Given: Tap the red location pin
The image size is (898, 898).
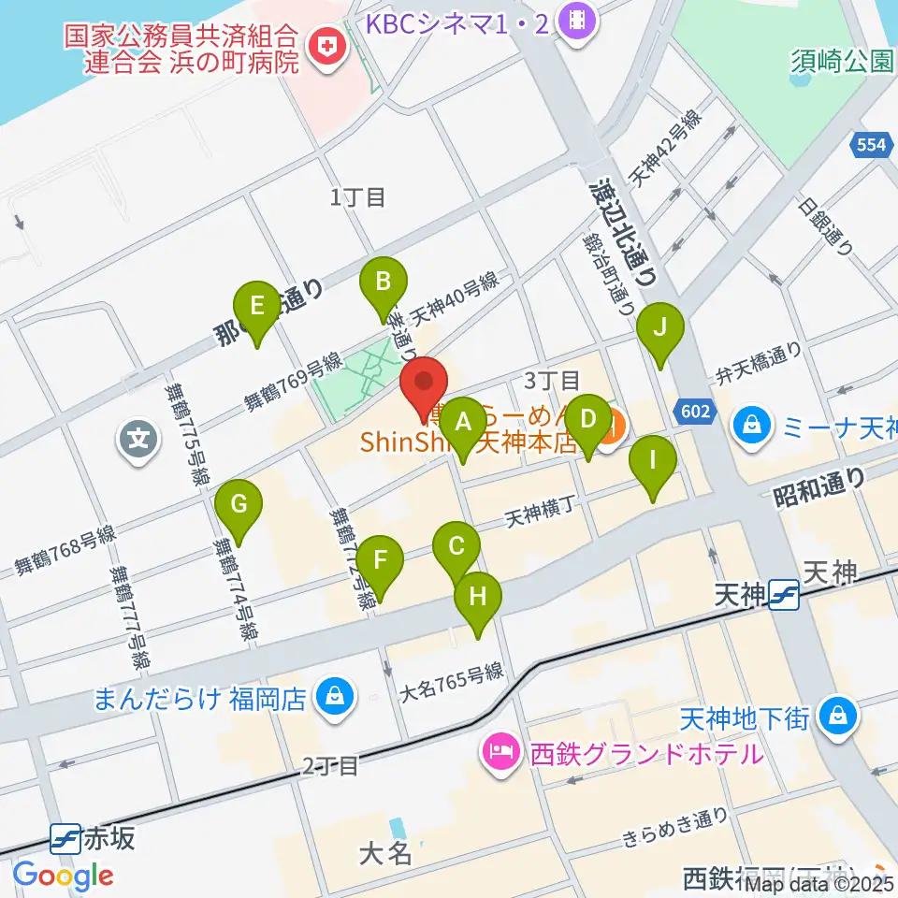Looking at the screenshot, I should [x=425, y=384].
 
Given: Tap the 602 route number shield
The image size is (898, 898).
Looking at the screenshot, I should [x=693, y=409].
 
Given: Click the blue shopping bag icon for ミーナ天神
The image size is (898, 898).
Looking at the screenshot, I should [x=751, y=425].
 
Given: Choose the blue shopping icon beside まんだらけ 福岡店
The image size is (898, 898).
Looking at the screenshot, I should [x=331, y=696].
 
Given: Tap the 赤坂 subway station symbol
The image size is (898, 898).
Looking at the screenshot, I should [x=65, y=835].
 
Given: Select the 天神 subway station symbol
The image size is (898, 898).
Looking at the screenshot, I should [x=784, y=593].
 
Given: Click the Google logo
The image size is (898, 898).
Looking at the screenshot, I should [x=63, y=876].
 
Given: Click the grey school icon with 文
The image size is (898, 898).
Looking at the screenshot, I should [x=138, y=436].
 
